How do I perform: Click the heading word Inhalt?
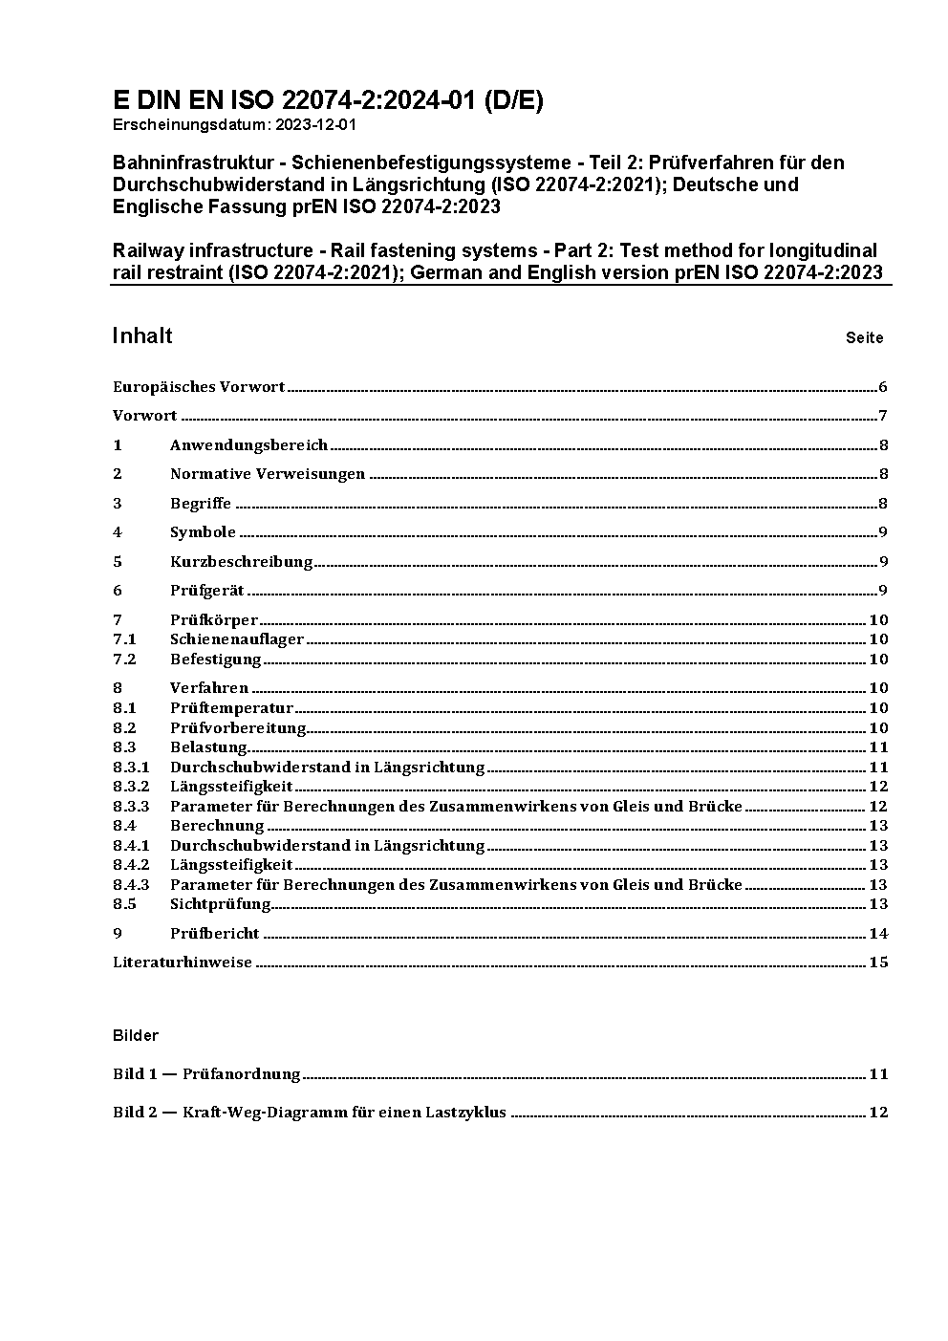click(x=142, y=335)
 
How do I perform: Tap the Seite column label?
click(x=864, y=337)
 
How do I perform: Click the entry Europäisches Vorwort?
click(x=199, y=387)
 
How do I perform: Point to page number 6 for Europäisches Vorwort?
click(x=883, y=387)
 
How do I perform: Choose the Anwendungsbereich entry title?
click(x=248, y=445)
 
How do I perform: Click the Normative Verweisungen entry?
click(x=268, y=474)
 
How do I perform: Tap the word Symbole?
click(x=203, y=532)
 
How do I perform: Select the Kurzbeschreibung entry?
click(x=241, y=562)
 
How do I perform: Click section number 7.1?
click(x=124, y=639)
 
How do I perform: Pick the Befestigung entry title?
click(x=215, y=660)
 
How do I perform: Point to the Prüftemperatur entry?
click(x=231, y=708)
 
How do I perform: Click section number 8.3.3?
click(x=131, y=807)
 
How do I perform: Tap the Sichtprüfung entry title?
click(x=220, y=904)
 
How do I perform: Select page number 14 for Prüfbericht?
click(x=878, y=934)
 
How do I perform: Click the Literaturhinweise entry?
click(x=183, y=962)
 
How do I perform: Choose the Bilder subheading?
click(x=136, y=1036)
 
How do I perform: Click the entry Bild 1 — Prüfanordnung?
click(x=206, y=1074)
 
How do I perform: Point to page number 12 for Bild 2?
click(x=878, y=1113)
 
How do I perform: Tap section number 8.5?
click(x=124, y=904)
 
